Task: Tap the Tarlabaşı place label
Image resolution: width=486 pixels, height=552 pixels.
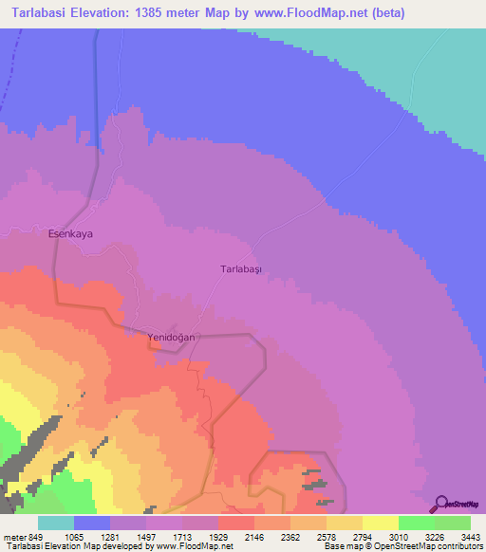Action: pos(240,269)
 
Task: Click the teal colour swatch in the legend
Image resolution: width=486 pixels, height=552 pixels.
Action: pos(56,523)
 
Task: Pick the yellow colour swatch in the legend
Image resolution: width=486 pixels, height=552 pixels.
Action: pos(381,523)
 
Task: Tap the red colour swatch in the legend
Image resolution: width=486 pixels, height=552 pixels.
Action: pos(236,523)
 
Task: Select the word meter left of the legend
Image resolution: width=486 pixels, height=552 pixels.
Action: pos(14,537)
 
